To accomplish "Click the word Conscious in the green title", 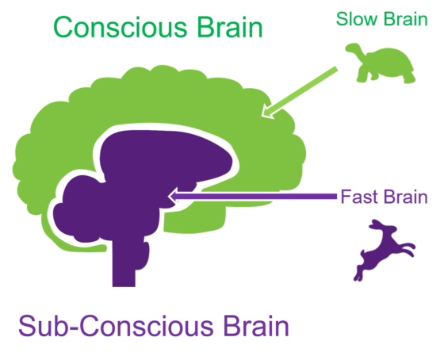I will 118,29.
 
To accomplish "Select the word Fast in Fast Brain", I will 358,197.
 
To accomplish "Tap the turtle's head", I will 351,52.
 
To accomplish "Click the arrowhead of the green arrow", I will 269,112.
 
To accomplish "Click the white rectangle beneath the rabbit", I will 396,281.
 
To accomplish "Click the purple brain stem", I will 124,266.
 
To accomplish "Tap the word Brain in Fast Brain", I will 406,197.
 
